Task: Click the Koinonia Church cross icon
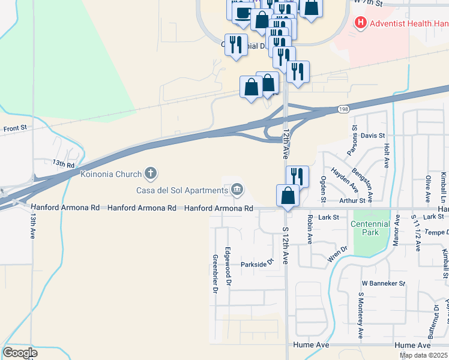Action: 150,174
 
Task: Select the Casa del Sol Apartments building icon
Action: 237,190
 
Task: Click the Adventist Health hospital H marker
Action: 360,23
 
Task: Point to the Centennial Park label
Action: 370,228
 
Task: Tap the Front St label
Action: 16,128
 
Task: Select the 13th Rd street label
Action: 63,163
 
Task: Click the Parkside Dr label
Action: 257,262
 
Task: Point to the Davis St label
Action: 373,136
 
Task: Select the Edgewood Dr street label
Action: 228,265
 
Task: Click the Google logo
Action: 20,353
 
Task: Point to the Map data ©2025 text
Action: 423,355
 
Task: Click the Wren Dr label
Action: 338,254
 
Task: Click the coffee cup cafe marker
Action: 243,13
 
